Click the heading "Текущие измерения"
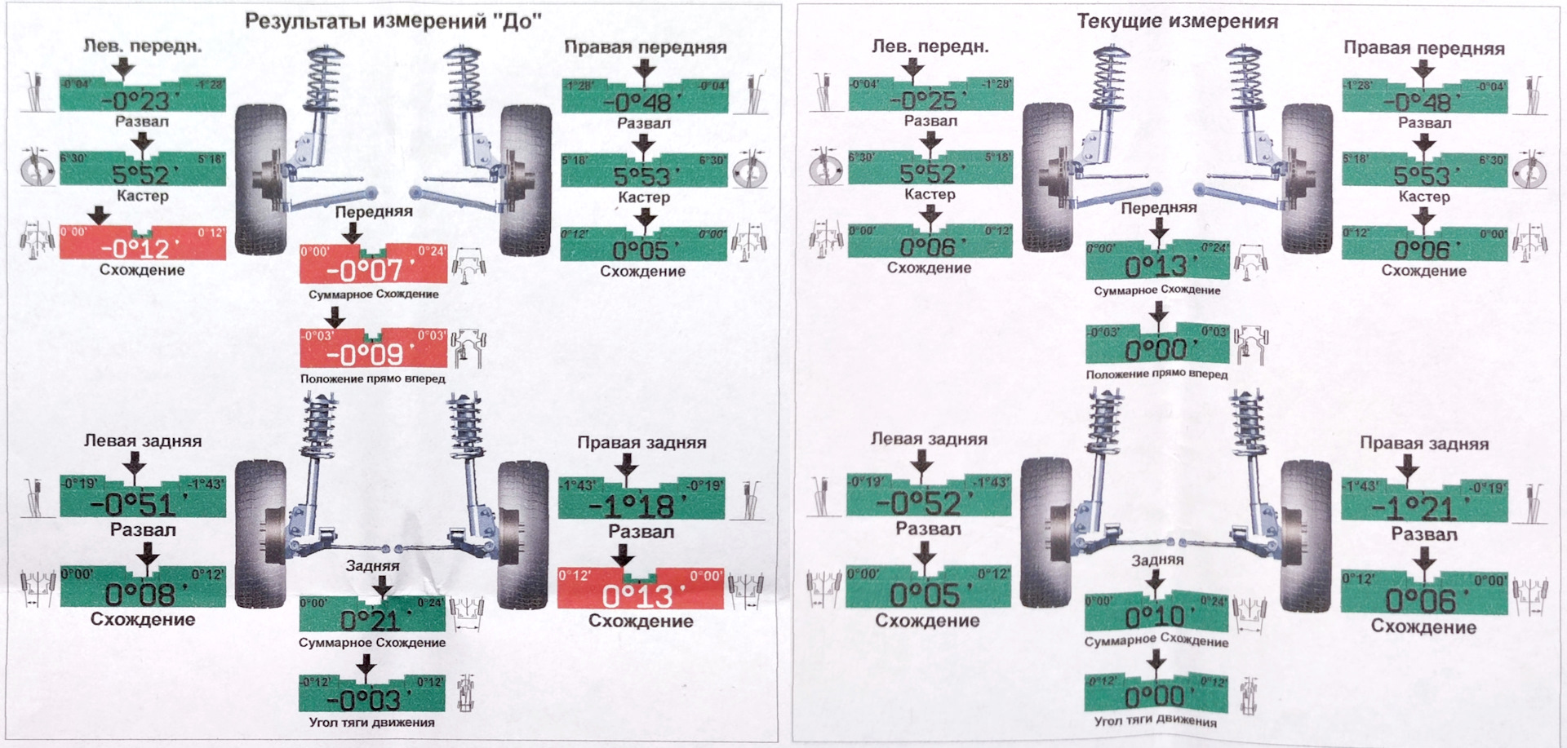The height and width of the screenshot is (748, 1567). click(x=1177, y=21)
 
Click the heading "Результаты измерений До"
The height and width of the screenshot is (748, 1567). click(x=393, y=21)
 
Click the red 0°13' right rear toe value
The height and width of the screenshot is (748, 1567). click(x=639, y=596)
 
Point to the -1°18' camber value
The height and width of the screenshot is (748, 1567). click(x=640, y=506)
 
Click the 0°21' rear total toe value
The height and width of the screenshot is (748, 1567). click(x=371, y=621)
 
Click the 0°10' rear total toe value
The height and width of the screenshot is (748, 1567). click(x=1156, y=616)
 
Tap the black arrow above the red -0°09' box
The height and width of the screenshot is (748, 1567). click(x=334, y=316)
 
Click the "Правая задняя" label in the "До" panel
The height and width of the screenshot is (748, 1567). click(x=641, y=442)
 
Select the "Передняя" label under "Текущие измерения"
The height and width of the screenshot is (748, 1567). click(x=1158, y=208)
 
